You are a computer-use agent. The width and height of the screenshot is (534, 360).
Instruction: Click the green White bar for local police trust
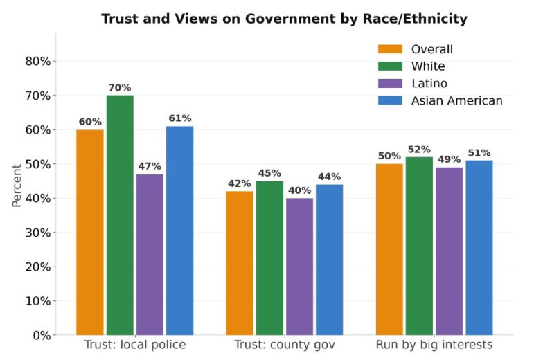[x=120, y=215]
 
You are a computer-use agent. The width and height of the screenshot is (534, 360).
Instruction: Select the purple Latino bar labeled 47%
[x=150, y=255]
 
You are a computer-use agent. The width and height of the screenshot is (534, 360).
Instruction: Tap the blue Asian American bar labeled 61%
[x=180, y=231]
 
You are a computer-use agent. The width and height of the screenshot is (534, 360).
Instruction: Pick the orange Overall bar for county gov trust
[x=240, y=263]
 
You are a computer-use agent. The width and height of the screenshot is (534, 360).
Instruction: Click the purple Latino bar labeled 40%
[x=300, y=267]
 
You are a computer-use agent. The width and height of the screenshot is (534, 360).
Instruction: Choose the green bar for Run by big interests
[x=420, y=246]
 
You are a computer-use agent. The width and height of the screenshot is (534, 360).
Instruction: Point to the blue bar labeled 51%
[x=479, y=248]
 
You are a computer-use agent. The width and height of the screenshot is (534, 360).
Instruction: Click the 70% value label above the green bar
[x=120, y=88]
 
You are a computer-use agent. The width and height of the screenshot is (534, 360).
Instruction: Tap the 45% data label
[x=269, y=173]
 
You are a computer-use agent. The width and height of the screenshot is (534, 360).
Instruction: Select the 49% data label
[x=450, y=159]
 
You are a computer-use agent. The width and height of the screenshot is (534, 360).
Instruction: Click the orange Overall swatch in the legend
[x=390, y=49]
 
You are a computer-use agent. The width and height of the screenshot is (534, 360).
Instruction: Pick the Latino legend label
[x=429, y=83]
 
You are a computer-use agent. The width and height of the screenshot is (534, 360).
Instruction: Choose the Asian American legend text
[x=457, y=100]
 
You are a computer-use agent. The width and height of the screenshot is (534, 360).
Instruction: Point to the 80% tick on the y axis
[x=38, y=61]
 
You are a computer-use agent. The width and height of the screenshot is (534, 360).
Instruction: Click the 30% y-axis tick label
[x=38, y=233]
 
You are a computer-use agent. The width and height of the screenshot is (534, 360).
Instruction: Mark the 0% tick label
[x=42, y=336]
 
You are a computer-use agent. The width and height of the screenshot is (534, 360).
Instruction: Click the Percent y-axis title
[x=17, y=186]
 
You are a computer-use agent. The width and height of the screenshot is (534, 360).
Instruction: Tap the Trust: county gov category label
[x=285, y=345]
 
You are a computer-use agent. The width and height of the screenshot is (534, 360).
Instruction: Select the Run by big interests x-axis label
[x=434, y=345]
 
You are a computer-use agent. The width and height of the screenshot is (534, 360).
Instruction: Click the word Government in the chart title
[x=290, y=19]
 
